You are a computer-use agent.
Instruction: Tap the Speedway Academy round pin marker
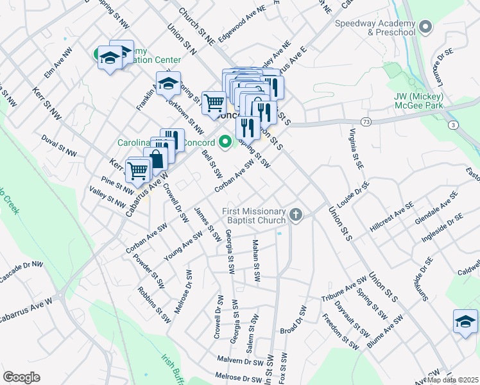point(425,27)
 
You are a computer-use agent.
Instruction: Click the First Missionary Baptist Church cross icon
point(296,214)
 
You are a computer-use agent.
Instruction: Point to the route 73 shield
point(366,121)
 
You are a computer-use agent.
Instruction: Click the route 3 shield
point(454,125)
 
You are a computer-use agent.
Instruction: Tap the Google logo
point(21,377)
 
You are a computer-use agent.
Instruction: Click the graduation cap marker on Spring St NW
point(168,83)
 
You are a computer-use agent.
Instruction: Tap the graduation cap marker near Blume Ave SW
point(465,321)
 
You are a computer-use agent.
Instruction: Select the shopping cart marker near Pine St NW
point(138,171)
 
